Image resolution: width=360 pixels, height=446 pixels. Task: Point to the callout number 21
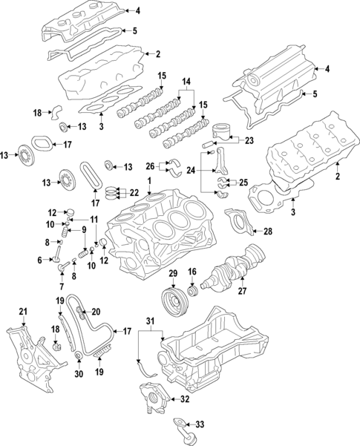click(23, 310)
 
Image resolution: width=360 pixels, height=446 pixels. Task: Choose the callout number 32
click(184, 399)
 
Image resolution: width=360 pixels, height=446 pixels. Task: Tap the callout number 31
click(151, 320)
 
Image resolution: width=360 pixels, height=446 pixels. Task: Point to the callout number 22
click(134, 192)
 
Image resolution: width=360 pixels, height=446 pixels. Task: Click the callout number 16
click(192, 272)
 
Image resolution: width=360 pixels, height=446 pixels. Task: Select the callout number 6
click(39, 259)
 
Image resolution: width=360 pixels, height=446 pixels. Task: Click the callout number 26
click(150, 165)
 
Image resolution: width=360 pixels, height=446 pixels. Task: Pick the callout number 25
click(243, 182)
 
